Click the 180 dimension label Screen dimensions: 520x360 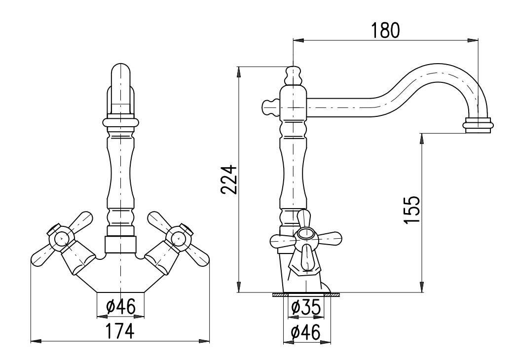[385, 31]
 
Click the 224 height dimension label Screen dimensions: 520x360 [229, 180]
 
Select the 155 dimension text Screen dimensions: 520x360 [412, 210]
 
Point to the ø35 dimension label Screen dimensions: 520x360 [306, 307]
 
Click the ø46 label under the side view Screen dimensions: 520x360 [305, 332]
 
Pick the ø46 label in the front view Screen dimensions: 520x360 [121, 306]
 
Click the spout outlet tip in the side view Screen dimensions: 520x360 [478, 125]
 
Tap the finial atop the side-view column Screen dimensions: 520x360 [293, 75]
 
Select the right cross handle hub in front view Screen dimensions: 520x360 [179, 237]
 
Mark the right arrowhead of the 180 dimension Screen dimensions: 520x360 [474, 40]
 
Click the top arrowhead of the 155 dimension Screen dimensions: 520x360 [421, 138]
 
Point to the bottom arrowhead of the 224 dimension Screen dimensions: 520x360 [239, 288]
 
